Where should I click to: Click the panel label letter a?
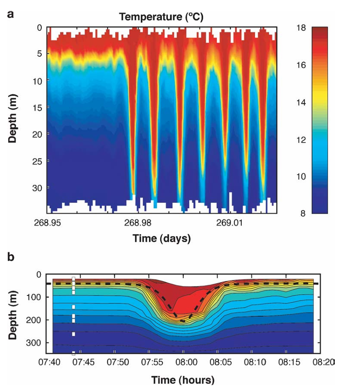[x=10, y=14]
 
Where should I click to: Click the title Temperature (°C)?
[x=161, y=17]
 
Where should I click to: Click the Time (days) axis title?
[x=161, y=239]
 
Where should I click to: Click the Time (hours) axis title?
[x=183, y=380]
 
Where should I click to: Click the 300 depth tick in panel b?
[x=38, y=342]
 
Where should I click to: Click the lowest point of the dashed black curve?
[x=183, y=321]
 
